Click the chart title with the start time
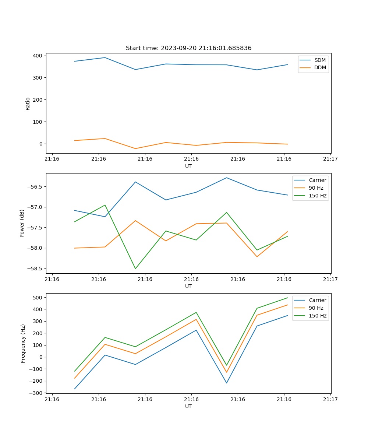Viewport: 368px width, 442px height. pos(188,48)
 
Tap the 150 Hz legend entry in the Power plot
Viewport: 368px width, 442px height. pos(318,196)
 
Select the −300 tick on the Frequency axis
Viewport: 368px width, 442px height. pos(37,393)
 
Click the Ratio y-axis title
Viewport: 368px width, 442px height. pos(28,104)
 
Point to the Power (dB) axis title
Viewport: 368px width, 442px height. pos(22,223)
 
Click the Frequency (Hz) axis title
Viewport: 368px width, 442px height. pos(23,343)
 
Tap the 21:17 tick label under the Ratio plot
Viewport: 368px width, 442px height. pos(330,159)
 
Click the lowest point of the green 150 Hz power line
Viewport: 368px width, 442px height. pos(135,269)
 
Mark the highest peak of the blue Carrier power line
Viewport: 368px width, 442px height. pos(226,178)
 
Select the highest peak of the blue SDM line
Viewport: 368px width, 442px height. pos(105,57)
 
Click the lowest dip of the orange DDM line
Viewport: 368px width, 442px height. pos(135,148)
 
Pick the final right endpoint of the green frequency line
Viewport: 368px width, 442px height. pos(287,298)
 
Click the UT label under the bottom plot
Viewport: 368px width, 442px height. pos(188,406)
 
